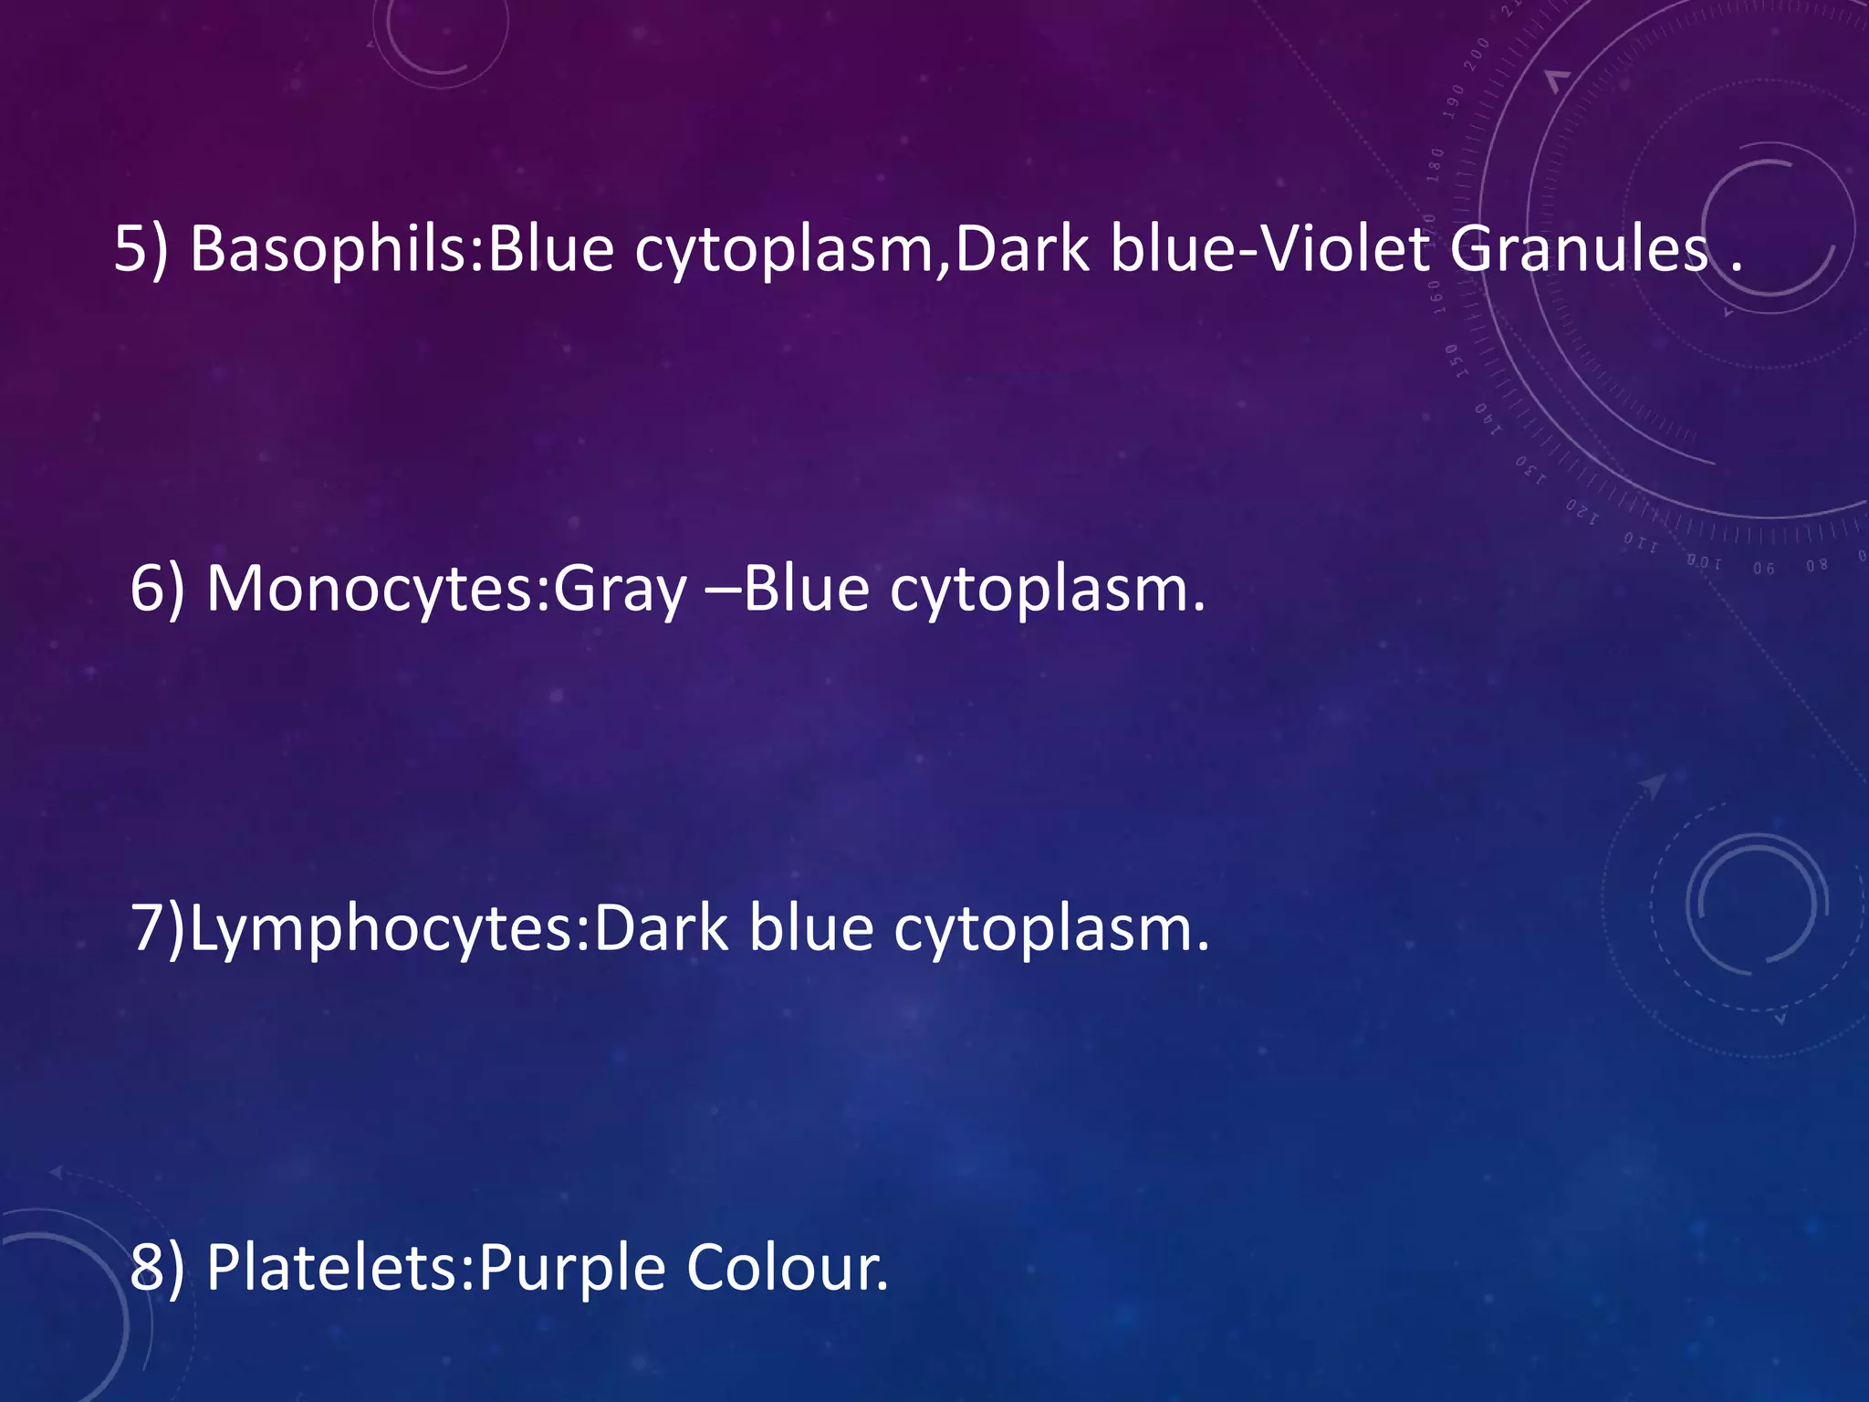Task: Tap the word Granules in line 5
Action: click(x=1579, y=249)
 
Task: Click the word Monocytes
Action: click(x=374, y=590)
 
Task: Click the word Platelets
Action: click(x=334, y=1269)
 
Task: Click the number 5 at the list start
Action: click(x=130, y=249)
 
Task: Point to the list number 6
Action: click(x=146, y=590)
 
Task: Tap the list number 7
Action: click(x=147, y=929)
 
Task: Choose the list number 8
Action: click(x=146, y=1269)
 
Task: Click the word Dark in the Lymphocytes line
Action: click(x=661, y=929)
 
